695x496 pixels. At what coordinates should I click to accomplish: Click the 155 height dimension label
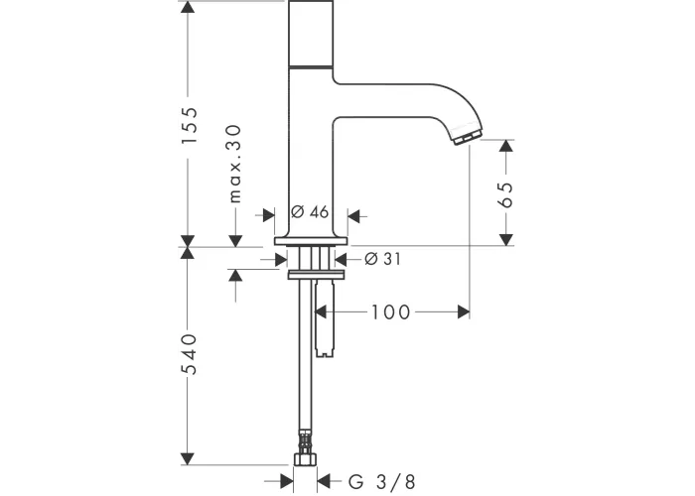pos(190,125)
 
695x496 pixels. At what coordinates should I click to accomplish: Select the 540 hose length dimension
pos(190,355)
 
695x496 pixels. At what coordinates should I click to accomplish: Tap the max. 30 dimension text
pos(235,164)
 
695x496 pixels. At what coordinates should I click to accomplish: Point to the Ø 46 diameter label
pos(310,212)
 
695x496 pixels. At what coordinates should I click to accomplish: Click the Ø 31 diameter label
pos(382,259)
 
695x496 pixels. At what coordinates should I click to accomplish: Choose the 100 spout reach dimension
pos(390,312)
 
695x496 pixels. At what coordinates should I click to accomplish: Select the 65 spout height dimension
pos(505,194)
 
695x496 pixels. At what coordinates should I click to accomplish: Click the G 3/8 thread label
pos(382,481)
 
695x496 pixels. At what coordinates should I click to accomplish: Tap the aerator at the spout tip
pos(467,137)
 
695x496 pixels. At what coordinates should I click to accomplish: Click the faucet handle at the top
pos(311,34)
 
